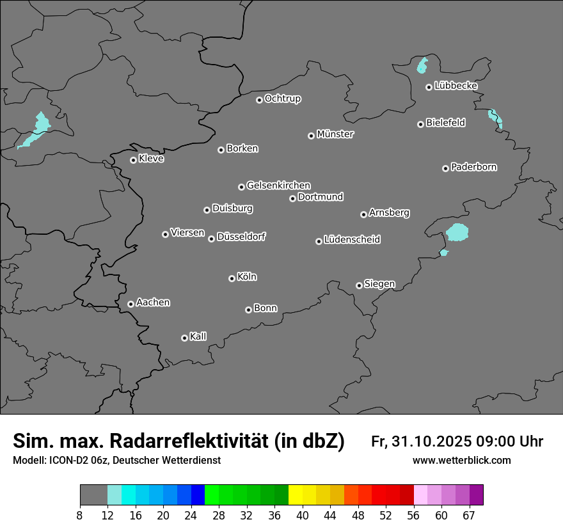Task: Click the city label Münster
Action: [x=335, y=134]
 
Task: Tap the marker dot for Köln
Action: [x=232, y=278]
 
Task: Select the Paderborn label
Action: [x=474, y=167]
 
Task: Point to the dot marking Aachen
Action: [x=131, y=304]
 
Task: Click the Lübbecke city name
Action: [x=456, y=86]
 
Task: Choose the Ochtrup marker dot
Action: [x=259, y=100]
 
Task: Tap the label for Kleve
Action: [x=152, y=159]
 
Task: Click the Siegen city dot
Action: [x=359, y=285]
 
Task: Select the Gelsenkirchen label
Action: [x=278, y=186]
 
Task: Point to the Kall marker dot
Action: [x=184, y=338]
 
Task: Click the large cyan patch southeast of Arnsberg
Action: [x=457, y=232]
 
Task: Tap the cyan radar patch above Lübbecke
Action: [x=422, y=65]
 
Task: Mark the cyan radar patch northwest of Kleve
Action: [x=37, y=131]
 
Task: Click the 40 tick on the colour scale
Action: [x=303, y=515]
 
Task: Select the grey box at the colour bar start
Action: [x=93, y=495]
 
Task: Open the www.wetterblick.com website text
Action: [x=462, y=460]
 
